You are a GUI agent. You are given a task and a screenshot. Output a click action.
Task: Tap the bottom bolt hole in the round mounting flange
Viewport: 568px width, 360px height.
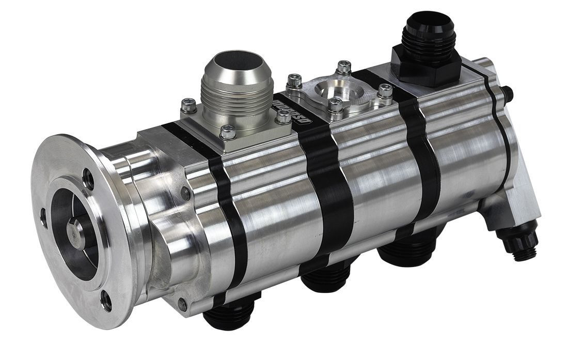pos(105,301)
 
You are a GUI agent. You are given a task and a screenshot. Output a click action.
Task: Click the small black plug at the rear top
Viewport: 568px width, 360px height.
pos(509,93)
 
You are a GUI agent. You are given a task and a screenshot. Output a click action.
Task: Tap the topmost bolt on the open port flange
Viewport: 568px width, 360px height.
pos(343,67)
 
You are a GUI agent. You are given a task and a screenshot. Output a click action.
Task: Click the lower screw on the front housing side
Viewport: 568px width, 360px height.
pos(182,304)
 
